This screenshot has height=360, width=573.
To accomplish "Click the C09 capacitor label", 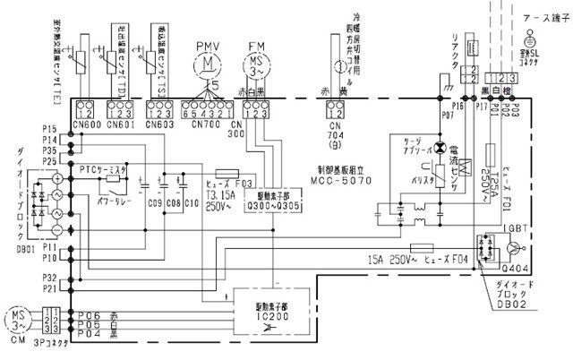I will (x=154, y=215).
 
